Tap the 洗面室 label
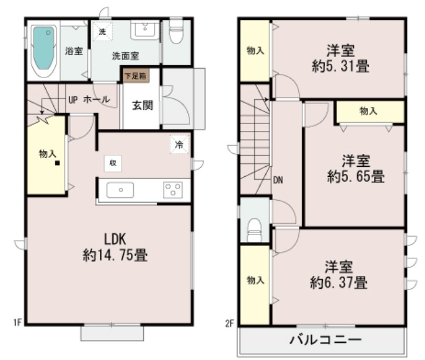coord(126,56)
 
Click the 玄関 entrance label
coord(142,106)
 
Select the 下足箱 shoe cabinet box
coord(135,75)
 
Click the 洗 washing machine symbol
coord(102,32)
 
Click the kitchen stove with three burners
coord(173,189)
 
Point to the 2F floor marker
coord(230,322)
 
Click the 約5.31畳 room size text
coord(341,66)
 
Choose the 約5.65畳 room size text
coord(356,176)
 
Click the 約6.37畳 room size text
coord(339,283)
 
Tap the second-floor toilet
coord(254,230)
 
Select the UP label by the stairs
coord(73,99)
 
